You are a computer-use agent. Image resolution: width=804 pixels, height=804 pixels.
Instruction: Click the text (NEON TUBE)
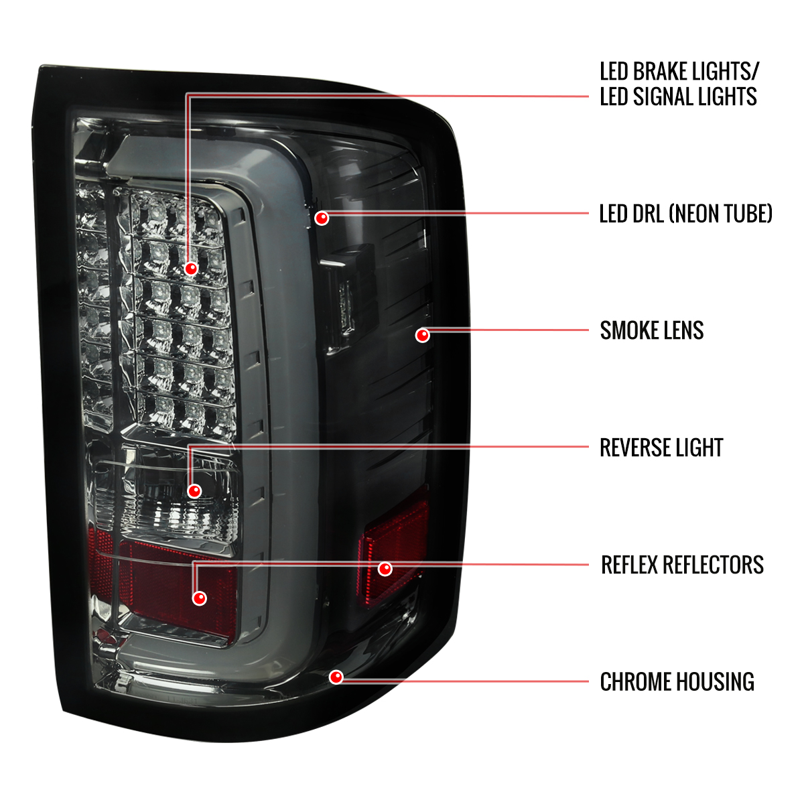click(720, 214)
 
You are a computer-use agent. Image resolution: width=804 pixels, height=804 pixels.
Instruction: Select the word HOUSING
click(715, 682)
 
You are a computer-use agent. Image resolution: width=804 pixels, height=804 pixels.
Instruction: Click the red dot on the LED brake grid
click(191, 268)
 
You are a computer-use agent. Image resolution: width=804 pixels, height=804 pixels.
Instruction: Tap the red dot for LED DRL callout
click(322, 218)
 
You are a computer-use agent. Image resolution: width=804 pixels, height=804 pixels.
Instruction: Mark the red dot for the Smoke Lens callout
click(423, 335)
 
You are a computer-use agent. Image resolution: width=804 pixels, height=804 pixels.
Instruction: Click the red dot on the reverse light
click(194, 491)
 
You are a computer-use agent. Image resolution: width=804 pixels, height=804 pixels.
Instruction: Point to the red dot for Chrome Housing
click(336, 677)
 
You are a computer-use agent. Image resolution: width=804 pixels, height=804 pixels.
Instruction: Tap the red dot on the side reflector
click(385, 569)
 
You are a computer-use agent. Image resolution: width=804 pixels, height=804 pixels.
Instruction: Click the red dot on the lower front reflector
click(200, 598)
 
